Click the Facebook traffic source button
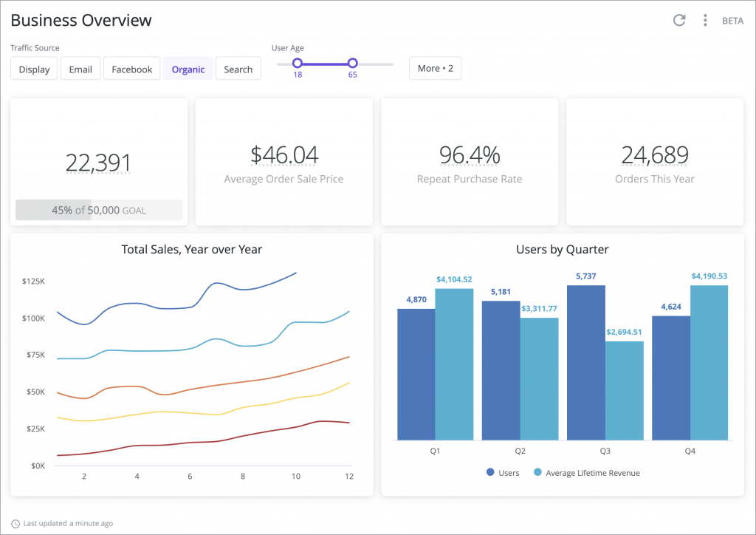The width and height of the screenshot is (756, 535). click(x=131, y=69)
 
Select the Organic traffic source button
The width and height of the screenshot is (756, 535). click(x=188, y=69)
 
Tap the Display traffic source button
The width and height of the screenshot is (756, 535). click(x=34, y=69)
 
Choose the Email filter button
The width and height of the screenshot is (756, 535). click(x=80, y=69)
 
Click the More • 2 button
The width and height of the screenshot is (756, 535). click(x=435, y=68)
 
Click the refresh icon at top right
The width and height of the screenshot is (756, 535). click(x=679, y=20)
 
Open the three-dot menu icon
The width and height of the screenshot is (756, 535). click(x=705, y=20)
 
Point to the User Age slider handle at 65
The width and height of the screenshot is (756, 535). click(x=352, y=64)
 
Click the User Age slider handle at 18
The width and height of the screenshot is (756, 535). click(x=298, y=64)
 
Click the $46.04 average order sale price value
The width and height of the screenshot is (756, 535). click(x=284, y=155)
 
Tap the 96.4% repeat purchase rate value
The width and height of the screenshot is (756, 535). click(x=470, y=155)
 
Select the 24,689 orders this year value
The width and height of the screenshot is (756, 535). click(x=655, y=155)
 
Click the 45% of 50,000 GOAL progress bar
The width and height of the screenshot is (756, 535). click(x=99, y=210)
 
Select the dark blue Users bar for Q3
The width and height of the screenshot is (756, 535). click(x=585, y=362)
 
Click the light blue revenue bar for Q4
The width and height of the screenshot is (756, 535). click(x=709, y=362)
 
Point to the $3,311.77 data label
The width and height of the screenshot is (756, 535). click(x=539, y=309)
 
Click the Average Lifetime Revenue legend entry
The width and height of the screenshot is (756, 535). click(x=586, y=473)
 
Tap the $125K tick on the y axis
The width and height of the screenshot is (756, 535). click(x=33, y=282)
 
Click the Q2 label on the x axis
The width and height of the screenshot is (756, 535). click(x=520, y=451)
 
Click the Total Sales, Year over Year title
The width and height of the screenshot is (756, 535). click(x=191, y=250)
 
